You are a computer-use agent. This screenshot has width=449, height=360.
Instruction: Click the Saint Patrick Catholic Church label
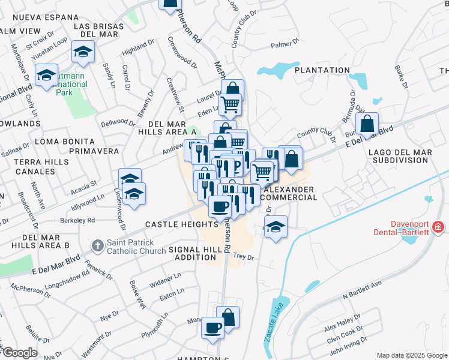136,246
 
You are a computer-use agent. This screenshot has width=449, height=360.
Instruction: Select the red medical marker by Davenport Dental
439,227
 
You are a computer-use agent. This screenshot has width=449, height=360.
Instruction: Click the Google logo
19,353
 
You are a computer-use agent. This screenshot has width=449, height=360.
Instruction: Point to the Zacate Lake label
272,326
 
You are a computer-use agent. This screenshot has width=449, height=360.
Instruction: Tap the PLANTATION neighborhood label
322,70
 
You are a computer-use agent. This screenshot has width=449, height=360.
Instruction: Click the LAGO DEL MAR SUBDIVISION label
402,157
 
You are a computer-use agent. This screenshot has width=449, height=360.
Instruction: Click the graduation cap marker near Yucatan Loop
83,52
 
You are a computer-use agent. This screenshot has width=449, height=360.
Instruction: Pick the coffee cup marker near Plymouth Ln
213,328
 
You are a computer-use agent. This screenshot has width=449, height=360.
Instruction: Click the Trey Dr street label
243,257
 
